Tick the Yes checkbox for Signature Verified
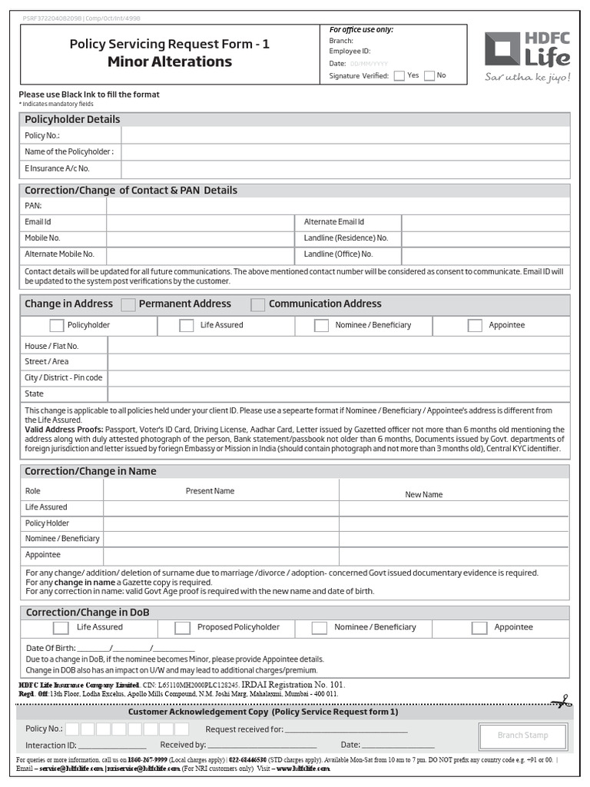pyautogui.click(x=399, y=75)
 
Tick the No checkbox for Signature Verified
pyautogui.click(x=429, y=75)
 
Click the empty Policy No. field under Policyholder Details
pyautogui.click(x=345, y=135)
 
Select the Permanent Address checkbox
pyautogui.click(x=128, y=304)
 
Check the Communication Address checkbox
pyautogui.click(x=258, y=304)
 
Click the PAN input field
pyautogui.click(x=338, y=206)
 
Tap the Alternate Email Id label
pyautogui.click(x=334, y=222)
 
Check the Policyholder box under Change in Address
pyautogui.click(x=57, y=325)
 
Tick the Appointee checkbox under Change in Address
pyautogui.click(x=475, y=325)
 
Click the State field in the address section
pyautogui.click(x=338, y=393)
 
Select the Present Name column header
pyautogui.click(x=210, y=491)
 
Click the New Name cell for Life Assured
pyautogui.click(x=454, y=507)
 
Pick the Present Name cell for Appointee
pyautogui.click(x=221, y=555)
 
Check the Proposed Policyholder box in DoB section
pyautogui.click(x=182, y=628)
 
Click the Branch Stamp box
pyautogui.click(x=522, y=736)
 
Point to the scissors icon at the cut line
pyautogui.click(x=560, y=700)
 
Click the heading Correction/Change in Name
pyautogui.click(x=91, y=471)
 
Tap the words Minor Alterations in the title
pyautogui.click(x=170, y=61)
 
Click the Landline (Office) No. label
pyautogui.click(x=338, y=254)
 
